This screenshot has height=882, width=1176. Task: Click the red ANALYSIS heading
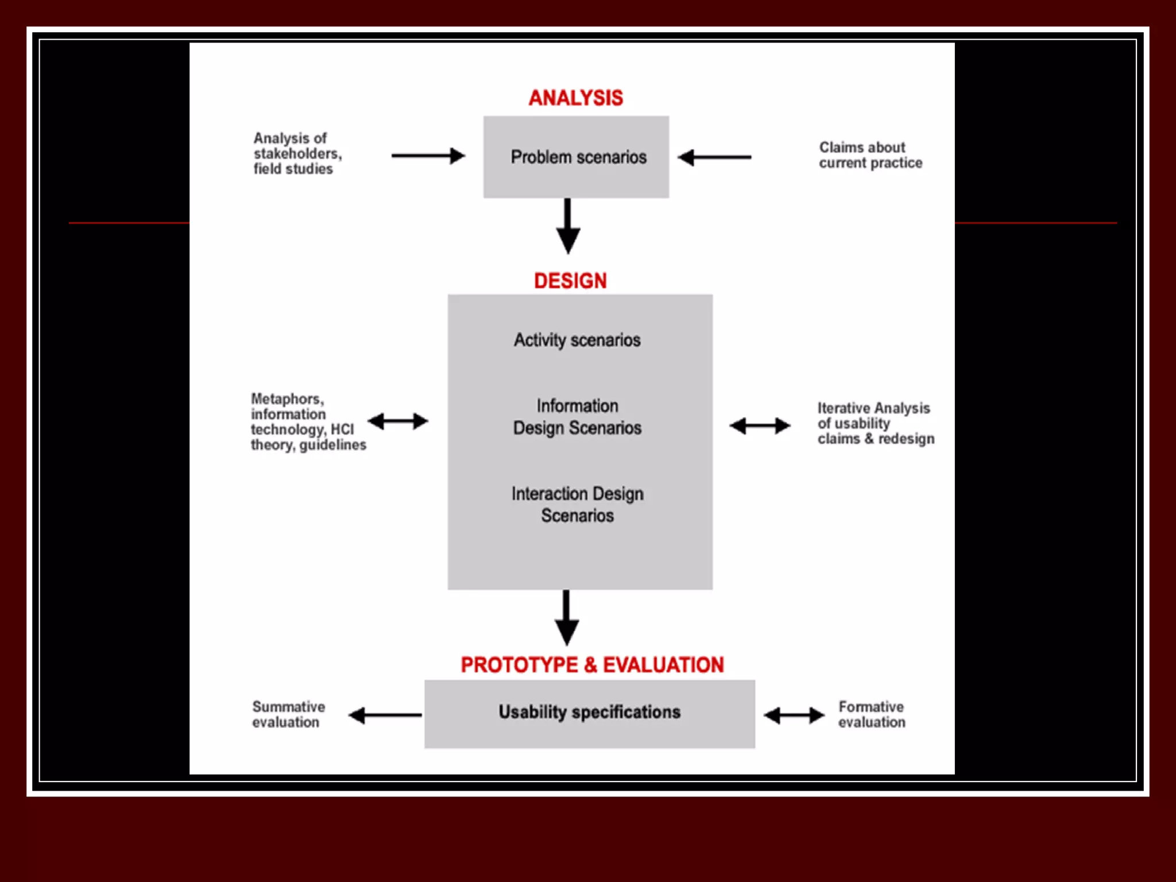tap(575, 98)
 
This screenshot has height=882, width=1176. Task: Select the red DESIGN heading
tap(570, 281)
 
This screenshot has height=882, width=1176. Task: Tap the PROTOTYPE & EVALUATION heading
tap(592, 665)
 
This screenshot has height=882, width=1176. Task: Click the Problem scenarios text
tap(578, 157)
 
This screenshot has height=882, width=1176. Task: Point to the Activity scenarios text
tap(577, 340)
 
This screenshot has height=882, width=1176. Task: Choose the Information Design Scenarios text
tap(577, 417)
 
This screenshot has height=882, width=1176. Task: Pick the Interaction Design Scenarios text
tap(577, 504)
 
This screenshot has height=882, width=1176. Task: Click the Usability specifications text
tap(589, 712)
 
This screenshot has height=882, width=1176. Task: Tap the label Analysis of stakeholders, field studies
tap(297, 153)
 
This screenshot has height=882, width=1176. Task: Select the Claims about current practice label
tap(870, 155)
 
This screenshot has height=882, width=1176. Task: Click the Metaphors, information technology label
tap(308, 421)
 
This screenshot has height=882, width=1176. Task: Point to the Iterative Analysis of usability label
tap(875, 423)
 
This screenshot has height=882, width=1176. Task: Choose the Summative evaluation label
tap(288, 714)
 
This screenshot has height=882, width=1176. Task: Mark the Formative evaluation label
tap(871, 714)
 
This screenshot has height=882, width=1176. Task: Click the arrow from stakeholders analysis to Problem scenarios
tap(428, 156)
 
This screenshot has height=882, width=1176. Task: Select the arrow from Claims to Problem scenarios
tap(714, 157)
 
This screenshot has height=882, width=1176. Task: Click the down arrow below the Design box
tap(567, 617)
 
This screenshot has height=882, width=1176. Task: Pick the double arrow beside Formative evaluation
tap(794, 715)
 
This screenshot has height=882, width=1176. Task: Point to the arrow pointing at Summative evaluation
tap(385, 715)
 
